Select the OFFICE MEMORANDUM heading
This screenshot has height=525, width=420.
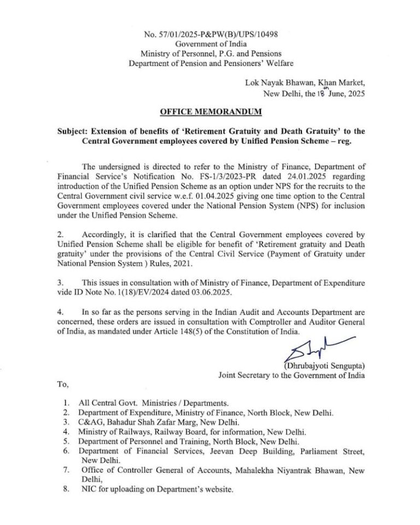(x=211, y=112)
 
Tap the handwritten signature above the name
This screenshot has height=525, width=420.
(x=314, y=349)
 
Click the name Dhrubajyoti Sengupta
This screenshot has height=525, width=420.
(x=325, y=365)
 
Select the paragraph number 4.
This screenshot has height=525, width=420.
(x=60, y=312)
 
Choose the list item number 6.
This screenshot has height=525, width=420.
(x=66, y=451)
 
